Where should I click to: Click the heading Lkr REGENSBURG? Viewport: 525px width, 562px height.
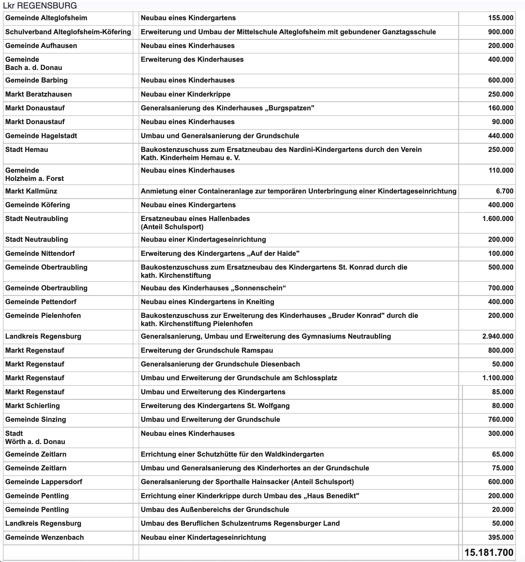(x=40, y=6)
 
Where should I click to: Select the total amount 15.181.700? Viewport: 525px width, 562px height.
(x=489, y=553)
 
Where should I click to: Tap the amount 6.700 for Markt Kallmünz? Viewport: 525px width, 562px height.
(x=504, y=191)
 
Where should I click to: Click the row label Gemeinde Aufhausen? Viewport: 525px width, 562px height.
(x=41, y=46)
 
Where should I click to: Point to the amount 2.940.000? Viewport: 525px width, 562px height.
(x=498, y=336)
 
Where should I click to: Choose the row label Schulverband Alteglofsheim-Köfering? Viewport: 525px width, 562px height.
(x=68, y=32)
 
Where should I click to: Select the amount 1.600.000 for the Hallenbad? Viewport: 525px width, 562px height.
(x=498, y=219)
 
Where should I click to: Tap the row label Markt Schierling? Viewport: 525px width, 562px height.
(x=33, y=406)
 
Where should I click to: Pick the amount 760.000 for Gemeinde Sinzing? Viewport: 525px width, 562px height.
(x=501, y=419)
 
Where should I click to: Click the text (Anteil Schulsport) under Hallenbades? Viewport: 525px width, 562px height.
(x=172, y=227)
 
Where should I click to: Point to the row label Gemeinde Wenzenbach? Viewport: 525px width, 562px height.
(x=45, y=537)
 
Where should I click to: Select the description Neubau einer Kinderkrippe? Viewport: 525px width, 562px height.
(x=185, y=94)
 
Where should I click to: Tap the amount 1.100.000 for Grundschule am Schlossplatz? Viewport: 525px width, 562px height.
(x=498, y=378)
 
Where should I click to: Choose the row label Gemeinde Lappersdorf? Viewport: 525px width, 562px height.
(x=44, y=482)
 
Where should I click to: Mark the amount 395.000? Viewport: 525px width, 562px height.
(x=501, y=537)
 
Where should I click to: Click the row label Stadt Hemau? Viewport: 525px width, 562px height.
(x=27, y=150)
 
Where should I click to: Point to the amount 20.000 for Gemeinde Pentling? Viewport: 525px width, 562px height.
(x=502, y=510)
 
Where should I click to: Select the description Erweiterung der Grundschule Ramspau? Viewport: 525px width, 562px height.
(x=207, y=350)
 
